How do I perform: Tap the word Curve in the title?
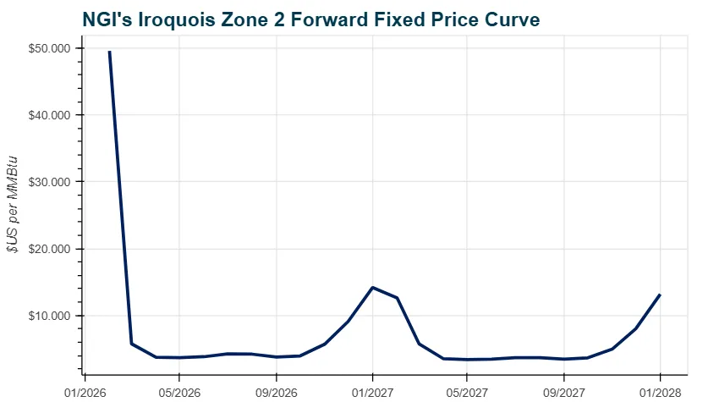click(507, 18)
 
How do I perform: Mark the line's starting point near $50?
click(109, 52)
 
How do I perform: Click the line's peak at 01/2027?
click(373, 288)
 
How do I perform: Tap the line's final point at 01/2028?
click(660, 295)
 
